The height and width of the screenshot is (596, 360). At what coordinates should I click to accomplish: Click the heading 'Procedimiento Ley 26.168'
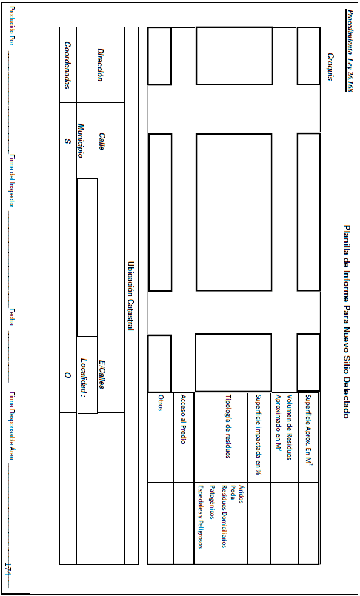(x=348, y=50)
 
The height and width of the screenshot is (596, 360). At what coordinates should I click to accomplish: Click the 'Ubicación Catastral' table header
(x=131, y=296)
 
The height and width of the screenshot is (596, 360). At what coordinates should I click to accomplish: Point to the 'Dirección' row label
(x=100, y=65)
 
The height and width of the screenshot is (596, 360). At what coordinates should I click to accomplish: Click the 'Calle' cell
(x=102, y=141)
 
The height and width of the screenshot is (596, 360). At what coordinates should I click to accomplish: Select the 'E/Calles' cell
(x=102, y=375)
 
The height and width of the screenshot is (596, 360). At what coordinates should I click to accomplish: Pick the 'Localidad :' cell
(x=85, y=375)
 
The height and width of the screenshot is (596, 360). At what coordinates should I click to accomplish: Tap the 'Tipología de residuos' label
(x=228, y=427)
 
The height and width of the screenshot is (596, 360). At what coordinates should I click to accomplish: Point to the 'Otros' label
(x=161, y=404)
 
